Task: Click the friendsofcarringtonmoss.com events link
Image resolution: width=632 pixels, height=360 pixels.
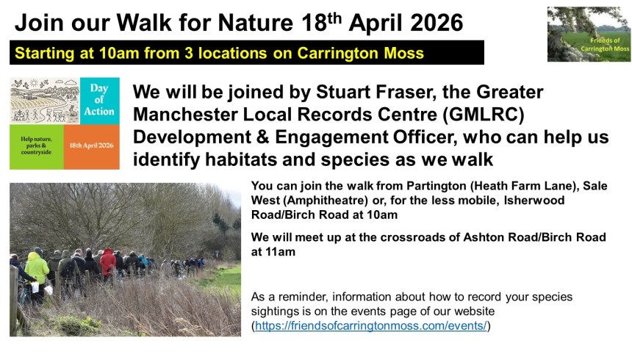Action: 371,325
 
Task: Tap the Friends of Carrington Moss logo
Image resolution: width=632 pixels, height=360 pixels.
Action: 589,35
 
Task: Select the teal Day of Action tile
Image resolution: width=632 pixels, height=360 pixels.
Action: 99,101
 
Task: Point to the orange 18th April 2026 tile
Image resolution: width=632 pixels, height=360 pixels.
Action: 92,147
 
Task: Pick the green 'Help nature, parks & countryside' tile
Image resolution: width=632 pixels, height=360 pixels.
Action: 36,147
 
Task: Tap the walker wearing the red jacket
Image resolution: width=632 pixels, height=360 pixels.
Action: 107,262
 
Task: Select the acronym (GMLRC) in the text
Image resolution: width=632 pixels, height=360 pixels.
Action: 484,115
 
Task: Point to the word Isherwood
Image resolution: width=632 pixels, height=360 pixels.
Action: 534,201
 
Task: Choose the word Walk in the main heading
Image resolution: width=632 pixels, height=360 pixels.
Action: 144,23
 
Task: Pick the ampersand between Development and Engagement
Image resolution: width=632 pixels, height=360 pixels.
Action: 262,137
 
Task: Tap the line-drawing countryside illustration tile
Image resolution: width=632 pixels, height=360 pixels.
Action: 45,101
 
